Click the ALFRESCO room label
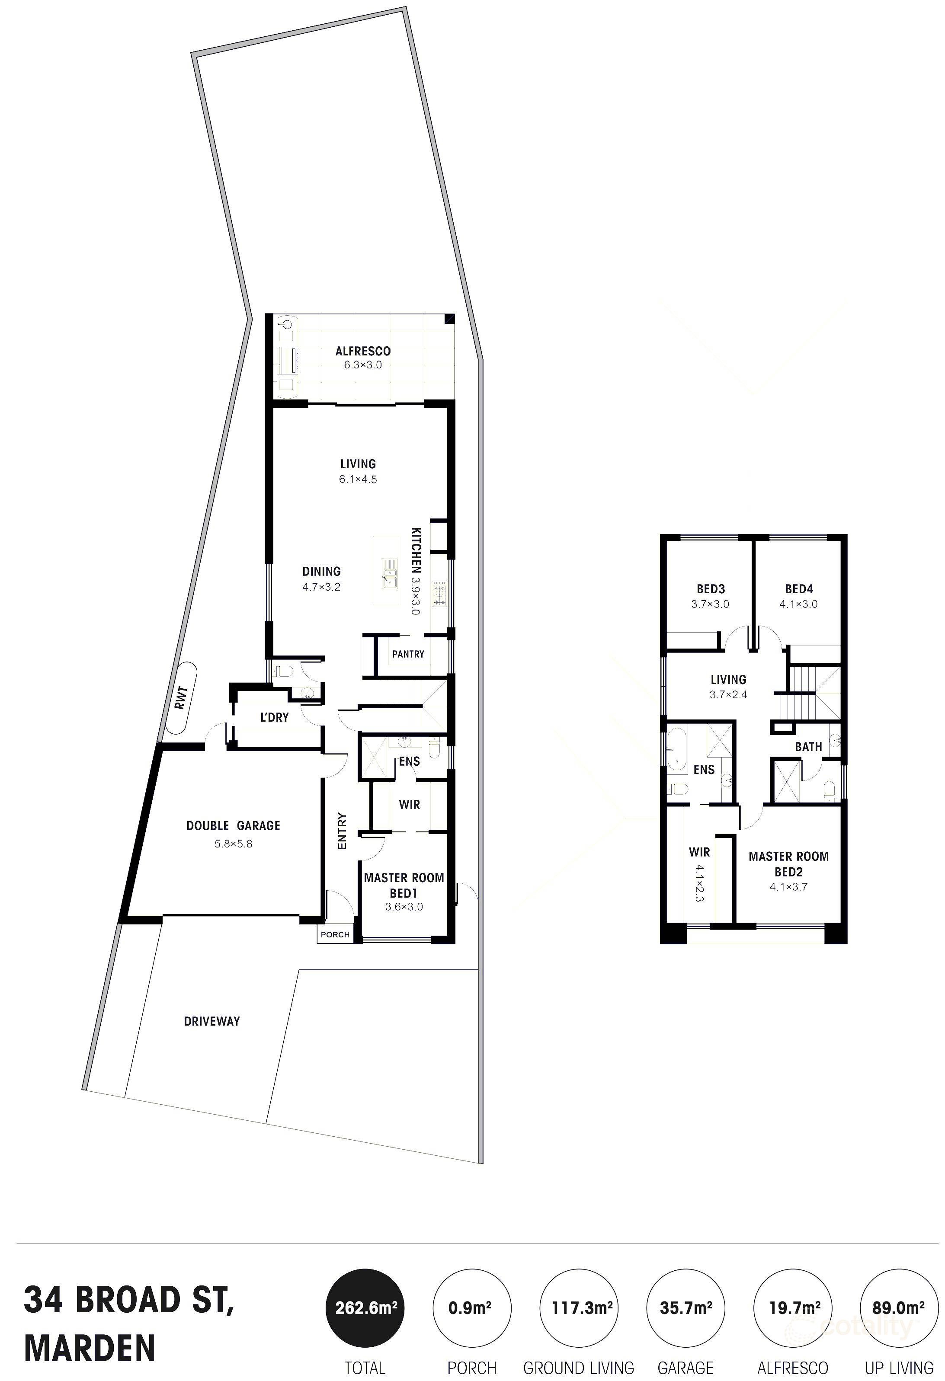362,351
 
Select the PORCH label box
335,934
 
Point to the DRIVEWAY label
211,1021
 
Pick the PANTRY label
408,654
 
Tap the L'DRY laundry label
274,717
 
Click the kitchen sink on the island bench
390,575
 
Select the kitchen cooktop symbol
440,594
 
